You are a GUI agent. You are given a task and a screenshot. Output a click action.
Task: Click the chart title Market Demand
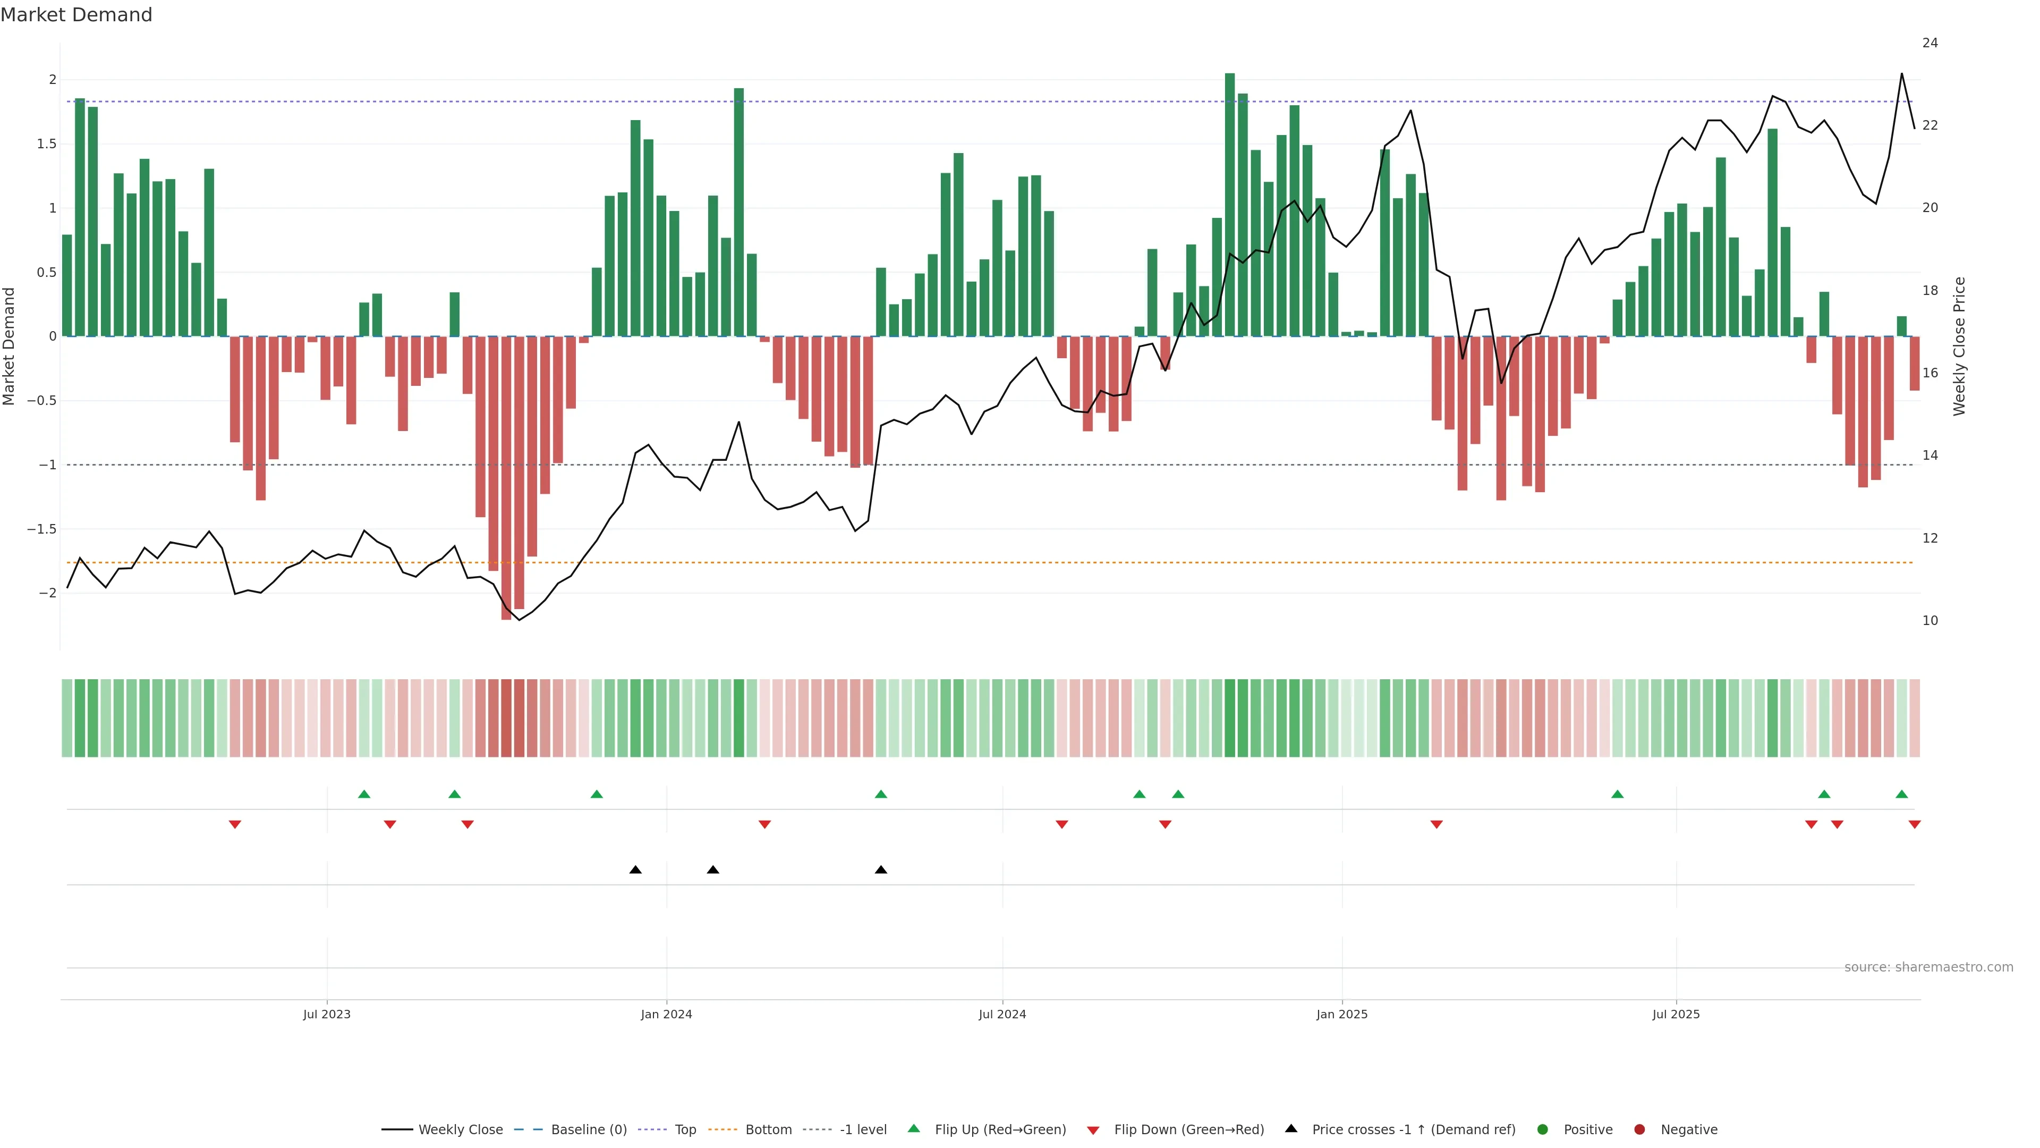(76, 15)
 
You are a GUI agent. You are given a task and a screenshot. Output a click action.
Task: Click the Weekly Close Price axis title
(1959, 346)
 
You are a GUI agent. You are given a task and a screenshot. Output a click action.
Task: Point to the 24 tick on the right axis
(1930, 43)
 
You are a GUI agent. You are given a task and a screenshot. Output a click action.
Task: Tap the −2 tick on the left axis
(47, 593)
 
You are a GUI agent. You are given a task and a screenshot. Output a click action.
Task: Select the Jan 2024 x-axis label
(666, 1014)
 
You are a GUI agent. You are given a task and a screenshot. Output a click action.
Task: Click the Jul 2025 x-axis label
(1676, 1014)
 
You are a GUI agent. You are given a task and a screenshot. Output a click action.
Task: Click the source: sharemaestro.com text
(1928, 967)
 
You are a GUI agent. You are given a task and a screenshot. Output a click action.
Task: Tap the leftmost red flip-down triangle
(234, 825)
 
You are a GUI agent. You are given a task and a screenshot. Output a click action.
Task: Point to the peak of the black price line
(1901, 74)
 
